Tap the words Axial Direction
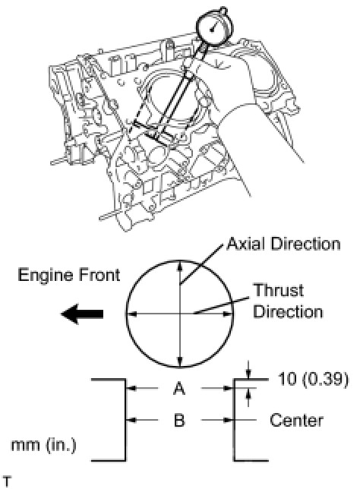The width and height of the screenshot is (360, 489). point(283,244)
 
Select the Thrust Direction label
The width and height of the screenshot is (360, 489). point(288,301)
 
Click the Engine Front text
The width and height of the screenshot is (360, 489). point(69,275)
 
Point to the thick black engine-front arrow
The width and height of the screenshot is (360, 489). point(82,314)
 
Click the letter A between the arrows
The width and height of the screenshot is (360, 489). point(179,389)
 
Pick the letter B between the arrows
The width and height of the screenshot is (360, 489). point(179,420)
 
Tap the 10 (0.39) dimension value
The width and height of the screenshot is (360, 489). point(313,380)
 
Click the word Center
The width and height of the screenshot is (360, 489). point(296,421)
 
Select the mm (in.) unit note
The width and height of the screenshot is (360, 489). point(44,445)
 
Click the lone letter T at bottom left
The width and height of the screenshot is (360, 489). point(7,482)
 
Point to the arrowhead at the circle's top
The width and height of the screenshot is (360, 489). point(179,265)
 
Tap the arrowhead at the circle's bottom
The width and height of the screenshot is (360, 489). point(180,361)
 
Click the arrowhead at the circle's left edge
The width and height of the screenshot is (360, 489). point(131,314)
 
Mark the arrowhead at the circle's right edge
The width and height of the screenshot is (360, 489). point(227,314)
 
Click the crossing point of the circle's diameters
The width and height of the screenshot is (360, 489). point(180,314)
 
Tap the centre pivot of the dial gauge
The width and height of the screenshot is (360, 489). point(212,30)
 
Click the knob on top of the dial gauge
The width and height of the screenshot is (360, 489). point(223,9)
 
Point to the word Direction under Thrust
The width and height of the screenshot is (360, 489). point(288,312)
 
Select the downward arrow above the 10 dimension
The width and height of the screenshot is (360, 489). point(248,370)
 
